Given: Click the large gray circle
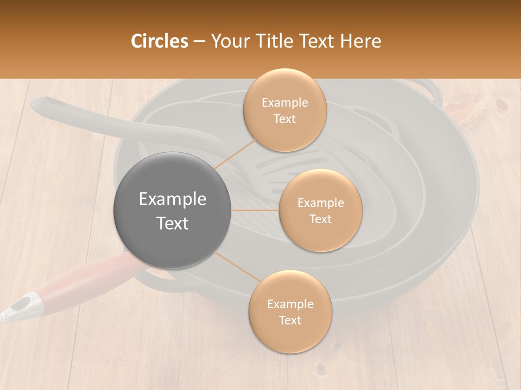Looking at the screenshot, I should coord(173,210).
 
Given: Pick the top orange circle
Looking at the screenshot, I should coord(284,110).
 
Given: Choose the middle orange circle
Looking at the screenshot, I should coord(320,210).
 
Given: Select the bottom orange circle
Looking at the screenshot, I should coord(290,311).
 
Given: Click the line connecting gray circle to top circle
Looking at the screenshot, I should coord(236,154).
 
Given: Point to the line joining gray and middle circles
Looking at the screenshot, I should coord(255,210).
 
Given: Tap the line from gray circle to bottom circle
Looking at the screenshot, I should coord(237,266).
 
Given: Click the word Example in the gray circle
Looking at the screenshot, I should coord(173,199).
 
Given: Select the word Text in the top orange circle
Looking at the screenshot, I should coord(284,119).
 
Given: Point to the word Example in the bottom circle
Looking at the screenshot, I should coord(290,304).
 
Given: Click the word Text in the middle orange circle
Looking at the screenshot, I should coord(320,219).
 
